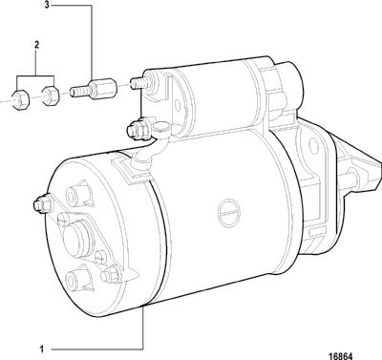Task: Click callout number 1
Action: click(41, 349)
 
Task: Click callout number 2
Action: click(36, 45)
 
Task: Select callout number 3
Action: click(47, 6)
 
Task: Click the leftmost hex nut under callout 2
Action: click(20, 99)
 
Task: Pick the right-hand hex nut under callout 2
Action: click(50, 95)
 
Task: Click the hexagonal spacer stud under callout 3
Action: click(94, 90)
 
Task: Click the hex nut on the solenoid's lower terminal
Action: click(137, 128)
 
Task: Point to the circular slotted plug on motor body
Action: click(228, 212)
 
